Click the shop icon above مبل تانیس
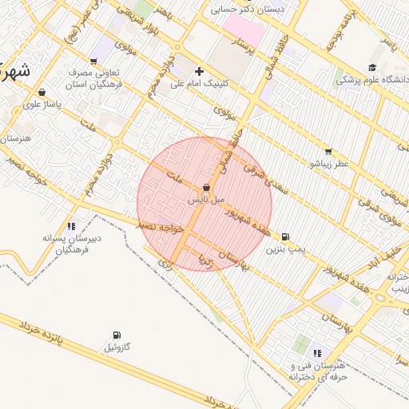(206, 187)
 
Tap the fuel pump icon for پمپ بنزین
(286, 236)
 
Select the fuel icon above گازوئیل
(117, 335)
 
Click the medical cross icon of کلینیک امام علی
(199, 71)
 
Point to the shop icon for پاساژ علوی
(41, 93)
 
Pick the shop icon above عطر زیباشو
(328, 151)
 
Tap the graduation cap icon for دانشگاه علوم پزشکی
(372, 68)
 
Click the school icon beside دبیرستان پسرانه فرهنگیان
(71, 226)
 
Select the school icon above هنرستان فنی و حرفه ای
(317, 352)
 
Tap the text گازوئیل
(117, 347)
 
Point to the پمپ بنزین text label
(286, 250)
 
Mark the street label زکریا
(206, 261)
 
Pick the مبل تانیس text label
(206, 200)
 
